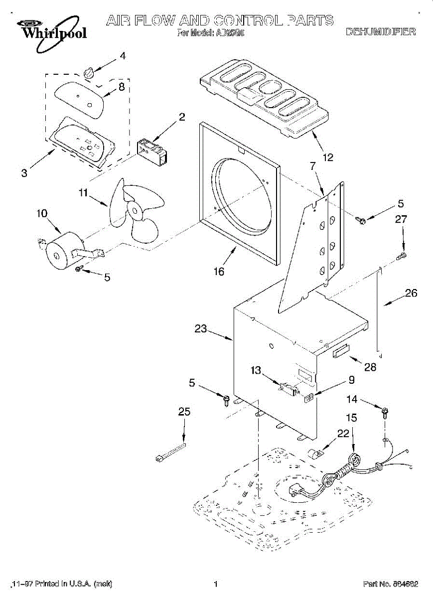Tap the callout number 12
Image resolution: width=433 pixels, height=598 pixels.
coord(328,157)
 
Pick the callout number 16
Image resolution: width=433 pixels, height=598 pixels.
coord(219,272)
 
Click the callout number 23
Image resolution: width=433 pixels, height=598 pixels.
coord(201,329)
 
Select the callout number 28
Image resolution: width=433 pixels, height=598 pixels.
coord(370,368)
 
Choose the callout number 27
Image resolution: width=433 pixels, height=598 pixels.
coord(402,218)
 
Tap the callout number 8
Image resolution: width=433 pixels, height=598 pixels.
coord(121,86)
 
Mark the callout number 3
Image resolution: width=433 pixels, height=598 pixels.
coord(24,173)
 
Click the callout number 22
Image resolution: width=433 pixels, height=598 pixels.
coord(343,434)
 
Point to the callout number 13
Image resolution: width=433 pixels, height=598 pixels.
coord(256,370)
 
